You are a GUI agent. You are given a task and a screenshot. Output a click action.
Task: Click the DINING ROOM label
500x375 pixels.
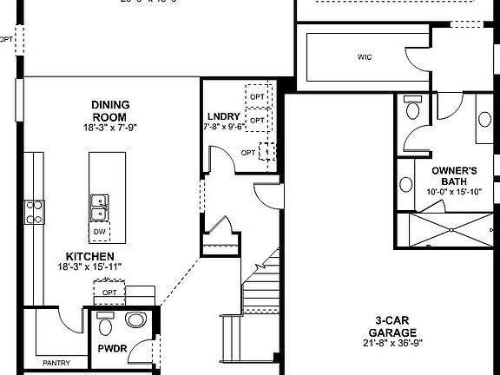(x=109, y=111)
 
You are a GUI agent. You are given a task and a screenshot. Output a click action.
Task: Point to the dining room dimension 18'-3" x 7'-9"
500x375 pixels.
(x=109, y=128)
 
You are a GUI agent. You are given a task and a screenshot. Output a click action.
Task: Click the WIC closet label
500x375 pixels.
(x=365, y=59)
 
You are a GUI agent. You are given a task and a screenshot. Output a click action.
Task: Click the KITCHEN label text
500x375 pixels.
(x=89, y=256)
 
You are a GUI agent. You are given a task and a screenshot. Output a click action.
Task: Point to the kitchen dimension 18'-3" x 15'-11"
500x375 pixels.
(x=89, y=266)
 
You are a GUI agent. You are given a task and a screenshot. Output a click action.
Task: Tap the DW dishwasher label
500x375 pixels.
(x=100, y=233)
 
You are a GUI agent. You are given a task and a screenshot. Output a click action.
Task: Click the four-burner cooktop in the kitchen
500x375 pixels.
(x=34, y=211)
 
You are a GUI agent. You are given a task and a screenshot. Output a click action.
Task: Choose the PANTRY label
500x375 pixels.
(x=56, y=362)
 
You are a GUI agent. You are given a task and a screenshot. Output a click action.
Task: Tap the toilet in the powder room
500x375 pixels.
(x=107, y=326)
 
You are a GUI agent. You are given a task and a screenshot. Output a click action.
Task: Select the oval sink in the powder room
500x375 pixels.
(x=136, y=320)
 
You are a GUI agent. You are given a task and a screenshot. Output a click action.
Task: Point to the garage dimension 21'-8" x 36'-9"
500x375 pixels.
(x=392, y=345)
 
